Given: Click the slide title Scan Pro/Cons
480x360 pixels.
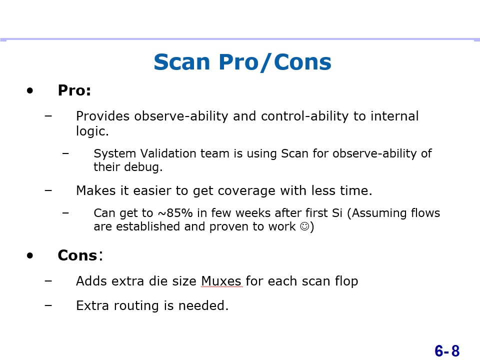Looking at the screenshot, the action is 242,62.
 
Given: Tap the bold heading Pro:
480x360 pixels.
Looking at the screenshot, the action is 74,90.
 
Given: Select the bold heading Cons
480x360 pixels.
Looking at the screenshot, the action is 77,255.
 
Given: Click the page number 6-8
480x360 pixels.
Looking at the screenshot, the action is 447,351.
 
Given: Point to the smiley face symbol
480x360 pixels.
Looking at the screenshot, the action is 304,226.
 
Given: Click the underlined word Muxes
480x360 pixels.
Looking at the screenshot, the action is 221,281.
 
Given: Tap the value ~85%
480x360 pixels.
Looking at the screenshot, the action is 175,213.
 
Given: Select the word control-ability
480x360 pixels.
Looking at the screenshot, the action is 304,116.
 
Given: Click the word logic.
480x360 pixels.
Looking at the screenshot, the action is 92,131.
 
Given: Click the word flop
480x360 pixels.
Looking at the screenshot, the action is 346,281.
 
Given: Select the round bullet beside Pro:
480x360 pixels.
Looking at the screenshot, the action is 29,90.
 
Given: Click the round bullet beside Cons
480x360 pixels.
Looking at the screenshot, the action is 29,255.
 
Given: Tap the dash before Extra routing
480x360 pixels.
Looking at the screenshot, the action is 48,305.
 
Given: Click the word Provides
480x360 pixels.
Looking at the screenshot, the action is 103,116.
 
